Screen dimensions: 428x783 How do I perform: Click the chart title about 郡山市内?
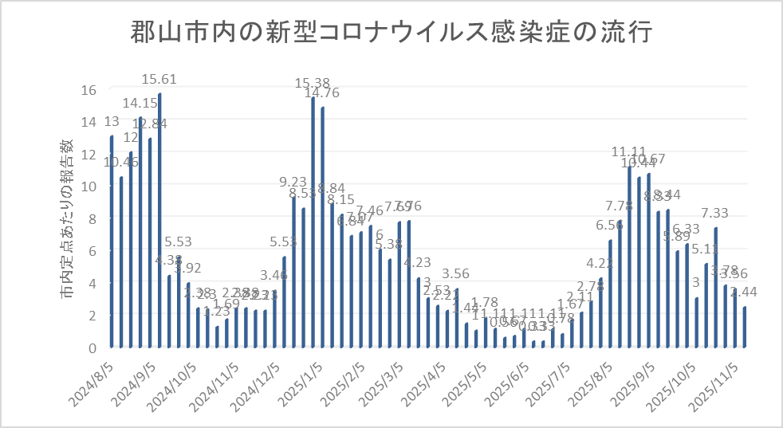pos(391,34)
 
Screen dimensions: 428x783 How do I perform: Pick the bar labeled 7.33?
pos(716,288)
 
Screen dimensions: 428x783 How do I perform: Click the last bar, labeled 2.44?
pos(745,328)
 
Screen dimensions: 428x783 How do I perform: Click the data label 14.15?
pos(140,103)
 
